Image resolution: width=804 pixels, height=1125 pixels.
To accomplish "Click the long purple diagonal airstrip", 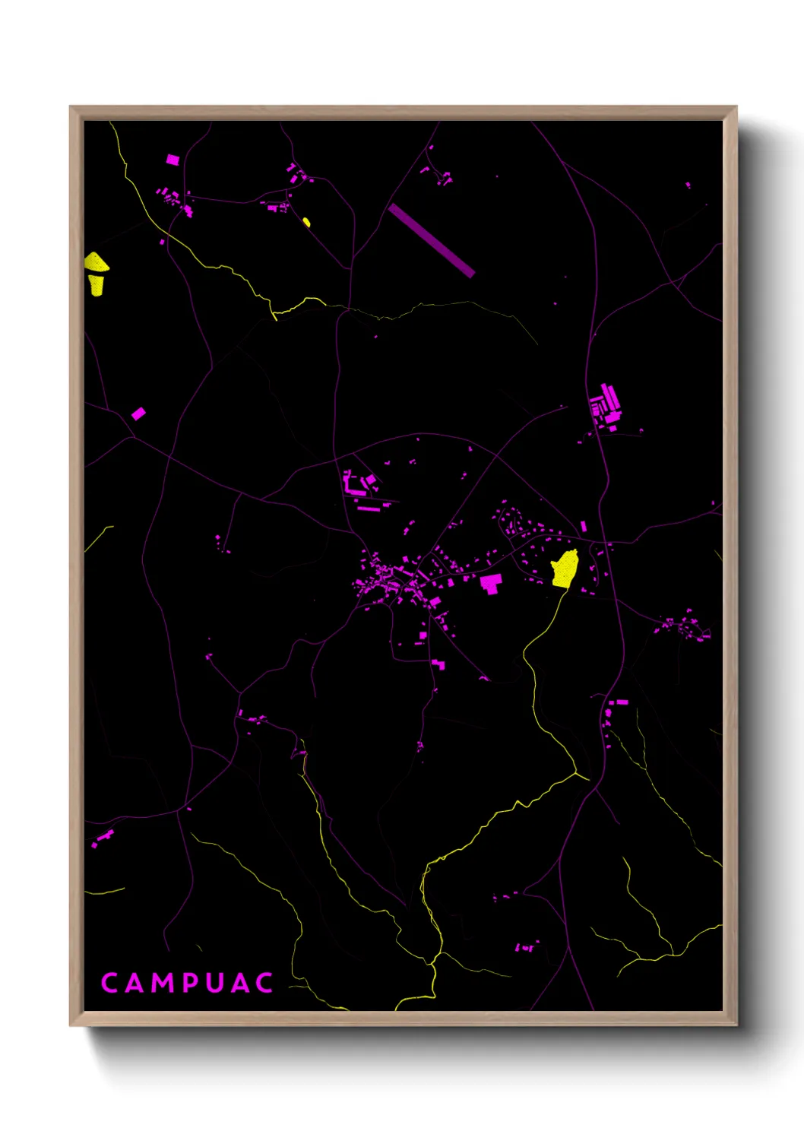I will click(431, 240).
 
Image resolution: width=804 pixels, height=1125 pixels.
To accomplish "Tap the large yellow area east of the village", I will click(565, 569).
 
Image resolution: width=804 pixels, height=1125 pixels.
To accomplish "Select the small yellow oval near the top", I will click(306, 222).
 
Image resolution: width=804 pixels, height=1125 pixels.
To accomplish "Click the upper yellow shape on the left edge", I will click(96, 263).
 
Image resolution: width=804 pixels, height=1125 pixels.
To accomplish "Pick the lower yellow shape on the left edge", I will click(97, 285).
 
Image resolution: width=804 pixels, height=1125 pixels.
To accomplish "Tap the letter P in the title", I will click(192, 983).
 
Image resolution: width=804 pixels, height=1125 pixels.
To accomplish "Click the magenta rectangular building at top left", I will click(173, 160).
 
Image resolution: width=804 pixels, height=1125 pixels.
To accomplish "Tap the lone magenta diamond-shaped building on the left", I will click(138, 414).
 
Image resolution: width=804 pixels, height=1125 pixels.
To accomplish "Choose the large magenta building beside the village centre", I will click(491, 583).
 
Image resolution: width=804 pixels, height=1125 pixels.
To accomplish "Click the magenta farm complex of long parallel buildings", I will click(607, 405).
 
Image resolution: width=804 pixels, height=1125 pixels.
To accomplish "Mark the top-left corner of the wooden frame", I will click(71, 107).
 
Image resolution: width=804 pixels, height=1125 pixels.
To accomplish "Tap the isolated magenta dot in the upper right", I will click(688, 185).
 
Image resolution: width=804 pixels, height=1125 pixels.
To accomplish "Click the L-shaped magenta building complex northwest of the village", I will click(357, 486).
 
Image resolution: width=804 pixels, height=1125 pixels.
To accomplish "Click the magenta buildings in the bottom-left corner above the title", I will click(102, 839).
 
